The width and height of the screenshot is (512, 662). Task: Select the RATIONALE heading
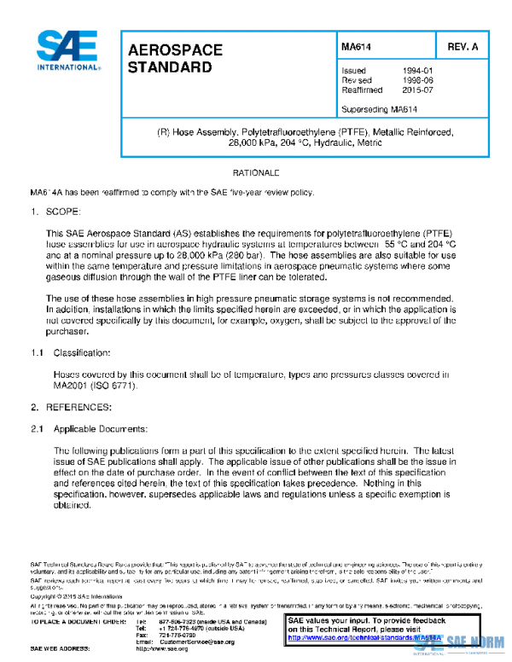256,173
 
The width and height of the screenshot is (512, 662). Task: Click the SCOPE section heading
63,210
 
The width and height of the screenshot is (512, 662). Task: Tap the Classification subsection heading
81,352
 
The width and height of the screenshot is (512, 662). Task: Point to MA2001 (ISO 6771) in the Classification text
94,386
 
